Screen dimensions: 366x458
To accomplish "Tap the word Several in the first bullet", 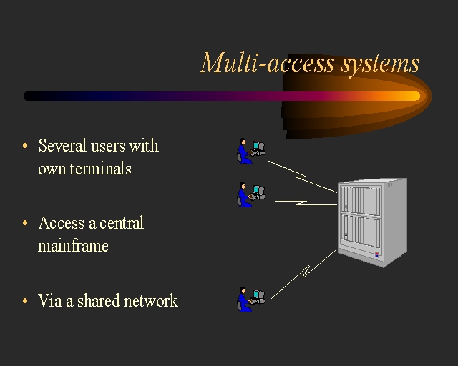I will (62, 146).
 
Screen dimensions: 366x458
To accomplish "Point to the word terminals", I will (84, 169).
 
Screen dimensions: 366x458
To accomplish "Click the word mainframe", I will (73, 246).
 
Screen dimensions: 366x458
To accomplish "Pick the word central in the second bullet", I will (122, 223).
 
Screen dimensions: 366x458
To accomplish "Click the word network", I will (150, 300).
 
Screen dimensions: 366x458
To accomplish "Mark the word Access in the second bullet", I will (62, 223).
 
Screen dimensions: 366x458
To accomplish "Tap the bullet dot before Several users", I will (26, 147).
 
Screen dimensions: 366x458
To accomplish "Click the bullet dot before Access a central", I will (26, 224).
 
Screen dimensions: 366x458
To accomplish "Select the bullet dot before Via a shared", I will (26, 301).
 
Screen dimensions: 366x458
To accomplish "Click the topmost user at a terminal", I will (250, 150).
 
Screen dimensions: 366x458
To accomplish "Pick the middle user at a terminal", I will (250, 194).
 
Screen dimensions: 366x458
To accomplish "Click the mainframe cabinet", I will (371, 220).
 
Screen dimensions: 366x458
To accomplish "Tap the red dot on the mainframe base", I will (374, 254).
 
